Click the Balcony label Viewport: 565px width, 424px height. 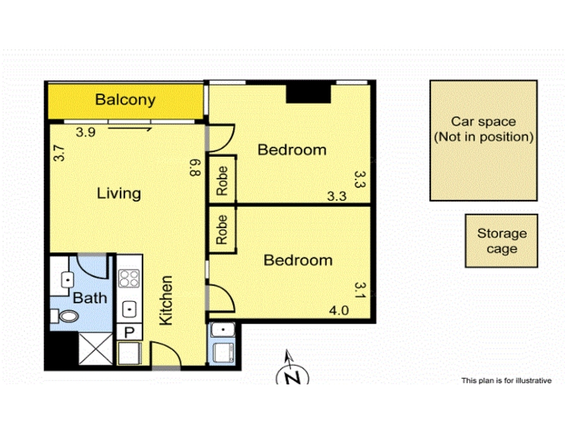(125, 100)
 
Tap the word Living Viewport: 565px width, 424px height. (119, 193)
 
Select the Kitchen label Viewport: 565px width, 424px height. (166, 300)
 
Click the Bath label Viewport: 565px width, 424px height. (90, 298)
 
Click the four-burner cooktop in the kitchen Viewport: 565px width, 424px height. (129, 278)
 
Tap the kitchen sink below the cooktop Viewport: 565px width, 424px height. (129, 309)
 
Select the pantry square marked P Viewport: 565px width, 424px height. (129, 331)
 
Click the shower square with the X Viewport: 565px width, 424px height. (96, 348)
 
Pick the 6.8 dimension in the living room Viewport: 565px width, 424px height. (195, 167)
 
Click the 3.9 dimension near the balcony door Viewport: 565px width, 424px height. (85, 132)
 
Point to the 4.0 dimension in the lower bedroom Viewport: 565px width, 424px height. (339, 310)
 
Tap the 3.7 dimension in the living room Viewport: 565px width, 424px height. (59, 153)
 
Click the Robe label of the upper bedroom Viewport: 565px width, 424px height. (222, 181)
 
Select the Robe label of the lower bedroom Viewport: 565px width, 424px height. (222, 230)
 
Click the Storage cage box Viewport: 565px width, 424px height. (501, 241)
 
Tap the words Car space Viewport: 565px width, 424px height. (484, 122)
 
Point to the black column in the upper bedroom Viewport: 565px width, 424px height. (309, 94)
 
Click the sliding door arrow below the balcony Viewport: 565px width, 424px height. (130, 129)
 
